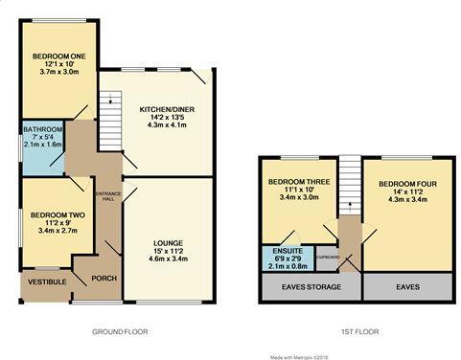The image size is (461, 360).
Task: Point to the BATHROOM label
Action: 43,129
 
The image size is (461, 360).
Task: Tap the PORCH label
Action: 103,279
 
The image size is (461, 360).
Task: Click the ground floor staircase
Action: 110,110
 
